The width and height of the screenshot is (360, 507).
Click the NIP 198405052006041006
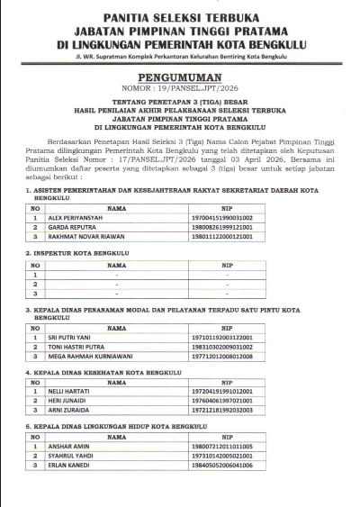(x=247, y=466)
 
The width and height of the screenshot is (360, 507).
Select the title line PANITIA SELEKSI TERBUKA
(x=180, y=17)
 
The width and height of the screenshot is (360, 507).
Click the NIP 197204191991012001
(x=247, y=392)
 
